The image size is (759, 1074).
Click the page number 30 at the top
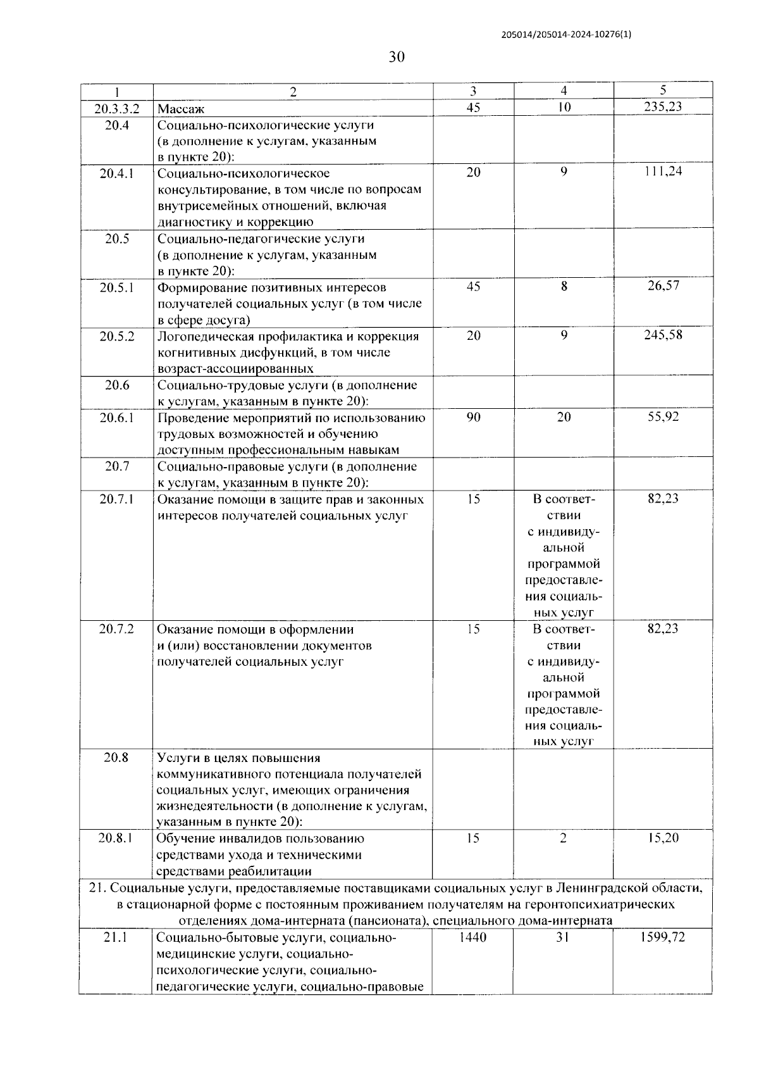point(397,58)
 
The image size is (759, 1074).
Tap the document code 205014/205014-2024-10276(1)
point(565,35)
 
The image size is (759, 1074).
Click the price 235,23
point(663,107)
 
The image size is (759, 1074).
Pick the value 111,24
point(663,171)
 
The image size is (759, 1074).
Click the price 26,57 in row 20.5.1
point(663,285)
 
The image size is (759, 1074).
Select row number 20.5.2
point(116,336)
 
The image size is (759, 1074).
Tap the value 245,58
point(663,335)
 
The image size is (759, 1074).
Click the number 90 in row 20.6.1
point(473,417)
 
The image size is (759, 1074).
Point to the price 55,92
point(663,416)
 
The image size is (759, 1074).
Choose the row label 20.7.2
point(116,629)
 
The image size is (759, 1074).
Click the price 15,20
point(663,838)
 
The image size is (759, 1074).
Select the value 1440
point(473,937)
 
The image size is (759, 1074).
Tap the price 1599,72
point(663,937)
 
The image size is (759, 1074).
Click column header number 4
point(564,91)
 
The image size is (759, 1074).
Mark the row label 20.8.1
point(116,838)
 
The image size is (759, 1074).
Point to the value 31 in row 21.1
point(562,937)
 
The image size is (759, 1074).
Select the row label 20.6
point(116,385)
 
